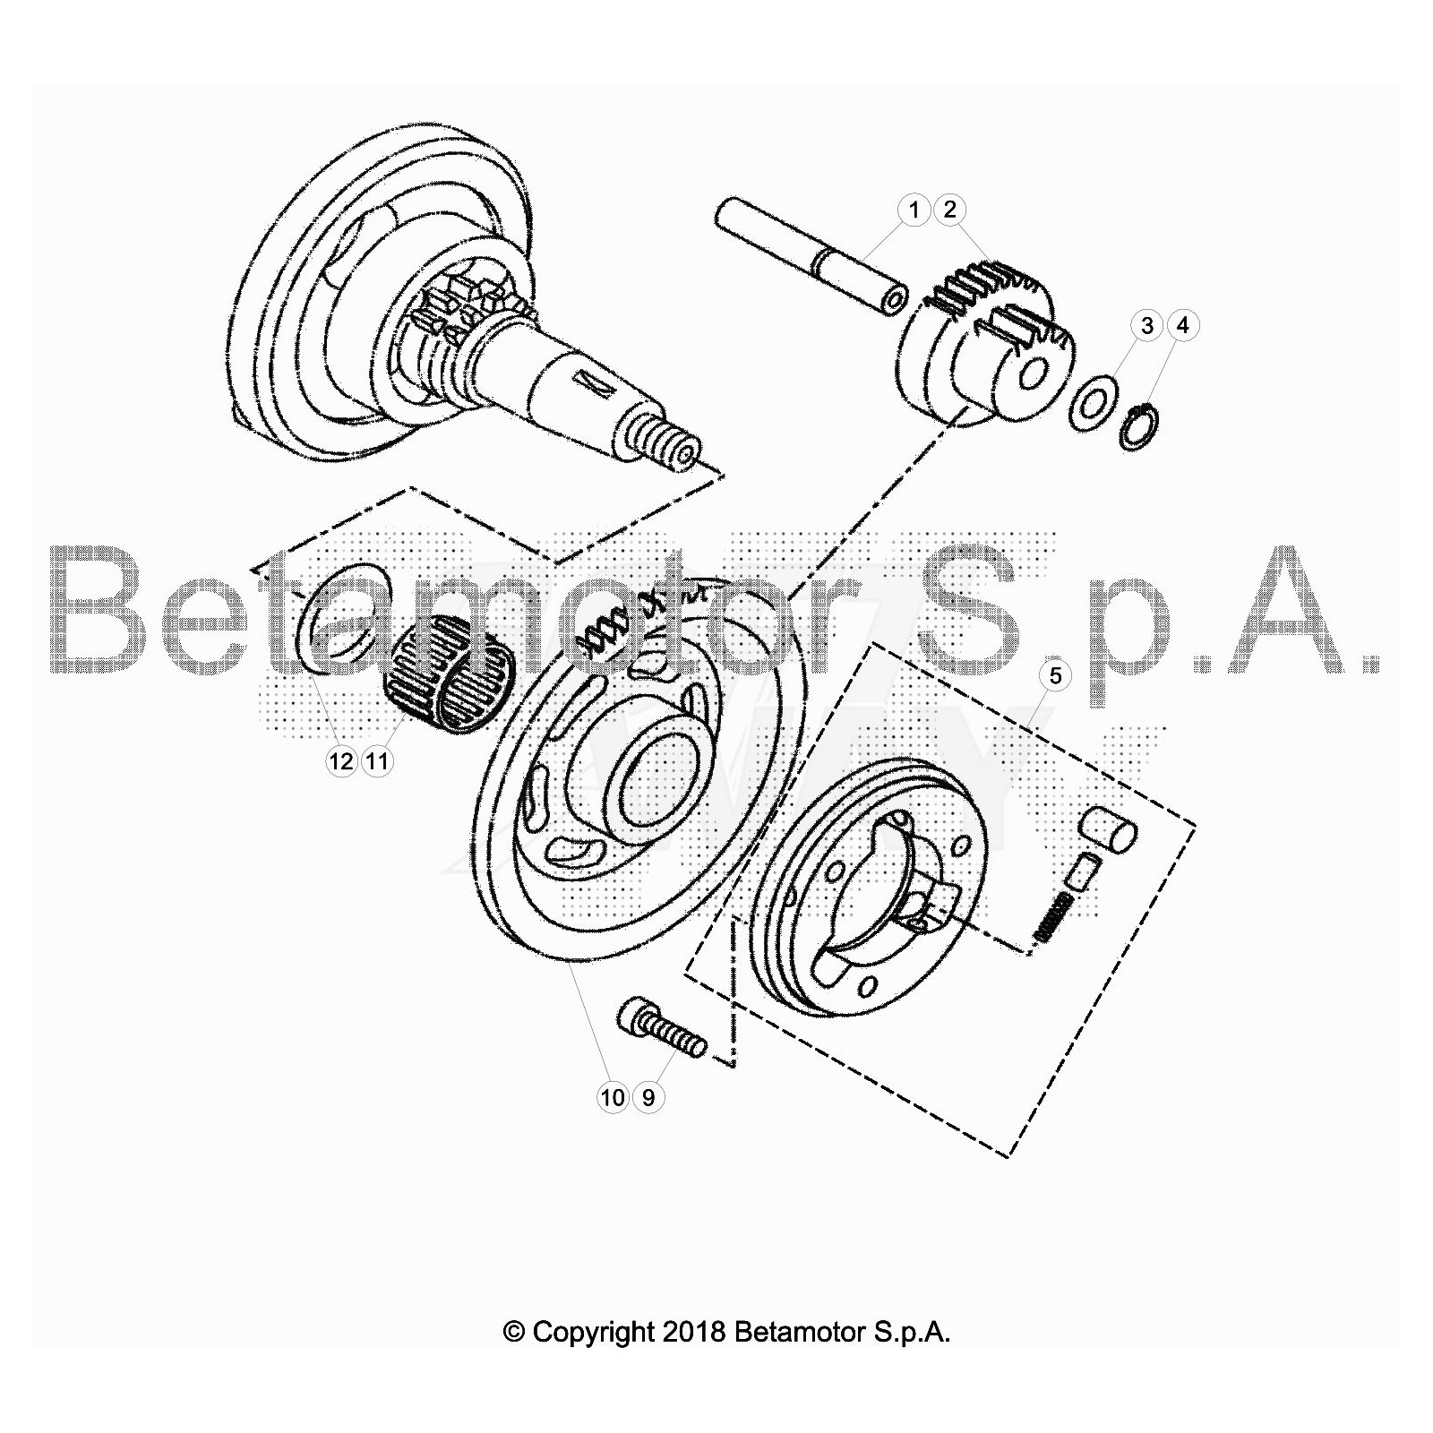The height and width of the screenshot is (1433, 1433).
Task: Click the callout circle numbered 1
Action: click(x=914, y=210)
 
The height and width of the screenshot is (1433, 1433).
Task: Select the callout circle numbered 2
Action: click(x=949, y=210)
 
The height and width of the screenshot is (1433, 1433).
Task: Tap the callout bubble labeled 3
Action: click(x=1147, y=325)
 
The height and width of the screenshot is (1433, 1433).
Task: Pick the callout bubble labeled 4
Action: click(x=1182, y=325)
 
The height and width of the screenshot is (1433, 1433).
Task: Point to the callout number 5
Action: click(x=1055, y=675)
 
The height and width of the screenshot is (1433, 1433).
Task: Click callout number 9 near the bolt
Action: click(x=648, y=1096)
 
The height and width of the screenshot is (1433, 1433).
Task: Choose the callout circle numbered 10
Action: click(x=614, y=1096)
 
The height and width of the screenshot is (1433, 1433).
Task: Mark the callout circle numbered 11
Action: click(x=377, y=761)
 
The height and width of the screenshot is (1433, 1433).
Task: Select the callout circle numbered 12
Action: click(x=341, y=761)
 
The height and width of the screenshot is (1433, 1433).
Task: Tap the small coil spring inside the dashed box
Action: click(x=1053, y=917)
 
